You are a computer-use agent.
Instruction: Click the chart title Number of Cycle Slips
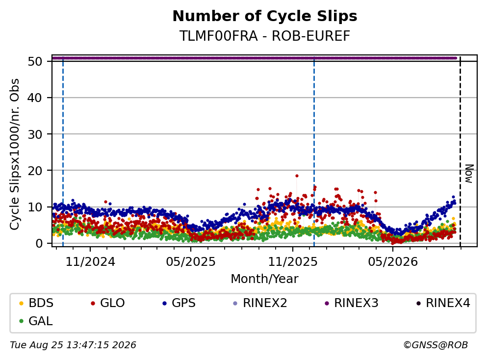pos(265,16)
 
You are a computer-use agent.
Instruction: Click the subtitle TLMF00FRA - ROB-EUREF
pos(265,36)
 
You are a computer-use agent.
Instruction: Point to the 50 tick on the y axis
pos(35,61)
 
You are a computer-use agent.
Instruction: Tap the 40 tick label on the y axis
pos(35,98)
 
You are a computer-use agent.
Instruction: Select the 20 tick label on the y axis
pos(35,171)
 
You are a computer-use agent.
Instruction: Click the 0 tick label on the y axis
pos(39,243)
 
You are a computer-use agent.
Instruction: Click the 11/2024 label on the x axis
pos(90,262)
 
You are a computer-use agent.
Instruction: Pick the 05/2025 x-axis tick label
pos(191,262)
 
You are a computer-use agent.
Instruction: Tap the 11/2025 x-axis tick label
pos(293,262)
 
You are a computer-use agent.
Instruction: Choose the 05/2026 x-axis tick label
pos(393,262)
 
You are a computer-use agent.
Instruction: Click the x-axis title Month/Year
pos(265,279)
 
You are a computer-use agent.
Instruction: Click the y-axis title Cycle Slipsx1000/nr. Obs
pos(14,154)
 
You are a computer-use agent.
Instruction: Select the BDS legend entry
pos(36,303)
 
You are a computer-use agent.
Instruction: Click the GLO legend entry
pos(108,303)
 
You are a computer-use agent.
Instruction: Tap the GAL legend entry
pos(36,321)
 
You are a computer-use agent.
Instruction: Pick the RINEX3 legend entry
pos(352,303)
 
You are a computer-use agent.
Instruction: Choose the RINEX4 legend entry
pos(443,303)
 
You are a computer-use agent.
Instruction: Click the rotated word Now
pos(469,174)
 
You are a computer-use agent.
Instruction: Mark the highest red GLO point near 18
pos(297,176)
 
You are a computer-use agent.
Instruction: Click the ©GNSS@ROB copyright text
pos(436,345)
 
